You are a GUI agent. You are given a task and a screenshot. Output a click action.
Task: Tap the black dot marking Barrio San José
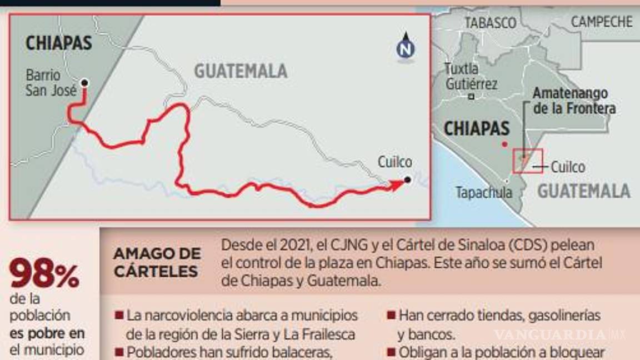point(84,83)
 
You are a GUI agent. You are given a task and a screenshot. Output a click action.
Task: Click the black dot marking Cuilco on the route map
point(408,179)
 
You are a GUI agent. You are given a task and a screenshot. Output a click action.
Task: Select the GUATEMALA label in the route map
point(241,71)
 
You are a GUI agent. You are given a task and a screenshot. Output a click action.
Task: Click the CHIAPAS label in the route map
point(58,43)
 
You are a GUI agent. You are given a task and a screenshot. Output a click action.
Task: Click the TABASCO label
point(490,23)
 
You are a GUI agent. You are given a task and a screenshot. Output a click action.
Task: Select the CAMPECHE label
point(602,22)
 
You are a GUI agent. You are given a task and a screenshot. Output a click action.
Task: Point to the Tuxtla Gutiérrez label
point(471,77)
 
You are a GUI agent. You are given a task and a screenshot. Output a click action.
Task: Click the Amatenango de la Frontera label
point(574,101)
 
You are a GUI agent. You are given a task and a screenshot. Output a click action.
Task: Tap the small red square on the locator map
point(527,161)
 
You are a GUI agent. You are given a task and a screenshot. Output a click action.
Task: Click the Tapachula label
point(483,193)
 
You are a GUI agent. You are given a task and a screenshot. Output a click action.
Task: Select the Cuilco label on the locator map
point(568,167)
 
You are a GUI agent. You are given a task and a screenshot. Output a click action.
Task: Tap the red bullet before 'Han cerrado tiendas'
point(391,316)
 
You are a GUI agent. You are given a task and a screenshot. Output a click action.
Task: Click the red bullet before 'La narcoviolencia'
point(119,316)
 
